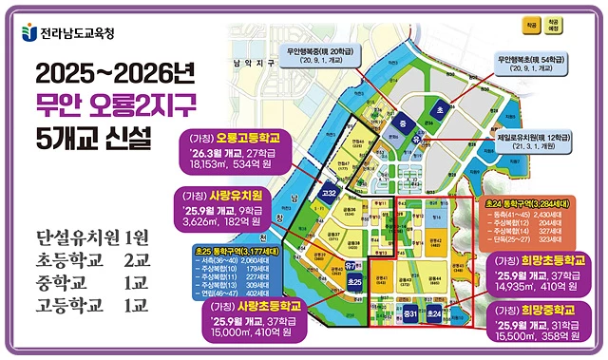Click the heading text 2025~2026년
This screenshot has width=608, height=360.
(103, 75)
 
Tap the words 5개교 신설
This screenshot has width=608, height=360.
(92, 140)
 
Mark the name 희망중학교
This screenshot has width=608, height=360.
(548, 310)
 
